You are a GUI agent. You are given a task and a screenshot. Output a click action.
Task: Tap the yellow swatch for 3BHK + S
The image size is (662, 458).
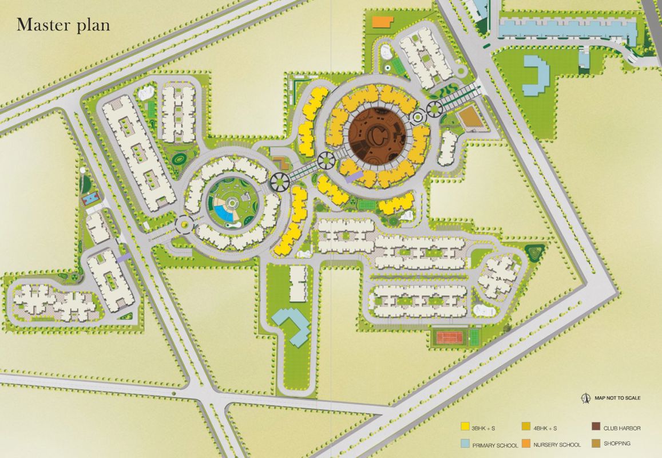[465, 427]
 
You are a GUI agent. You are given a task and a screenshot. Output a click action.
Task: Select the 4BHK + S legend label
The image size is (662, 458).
[545, 428]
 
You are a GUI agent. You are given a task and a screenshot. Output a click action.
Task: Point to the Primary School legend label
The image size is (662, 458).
[495, 445]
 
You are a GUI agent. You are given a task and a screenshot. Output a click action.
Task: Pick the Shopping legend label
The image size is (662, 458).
[617, 443]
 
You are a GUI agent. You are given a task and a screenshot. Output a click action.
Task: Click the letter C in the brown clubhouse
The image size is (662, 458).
[378, 135]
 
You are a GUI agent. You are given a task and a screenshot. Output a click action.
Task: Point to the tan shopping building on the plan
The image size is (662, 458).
[470, 116]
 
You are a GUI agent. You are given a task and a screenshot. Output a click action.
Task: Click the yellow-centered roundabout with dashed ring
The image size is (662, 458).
[185, 223]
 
